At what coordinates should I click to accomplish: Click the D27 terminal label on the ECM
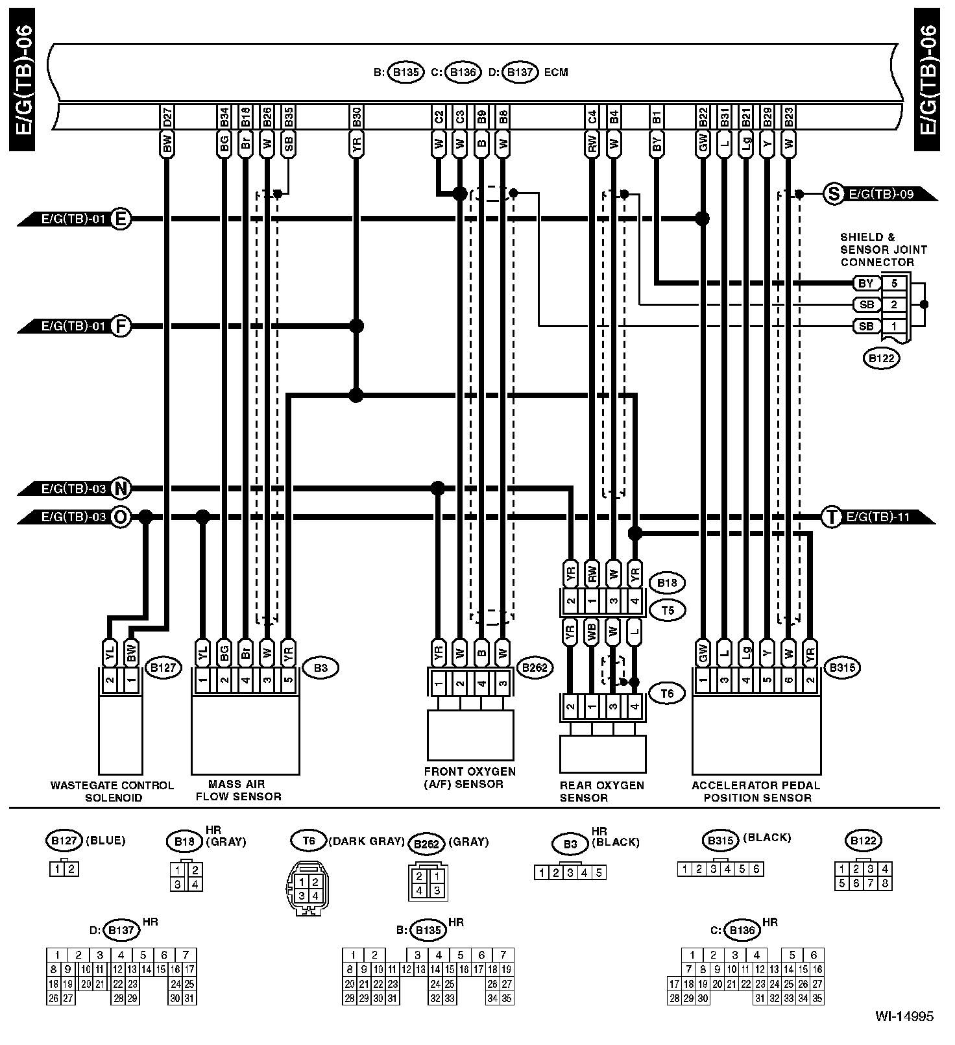167,117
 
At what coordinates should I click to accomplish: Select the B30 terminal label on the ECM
356,117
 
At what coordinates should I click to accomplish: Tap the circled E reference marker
120,219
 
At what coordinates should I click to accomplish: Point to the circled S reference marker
832,193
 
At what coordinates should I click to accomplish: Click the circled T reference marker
831,517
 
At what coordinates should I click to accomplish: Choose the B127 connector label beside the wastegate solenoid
163,668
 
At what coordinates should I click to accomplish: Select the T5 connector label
667,610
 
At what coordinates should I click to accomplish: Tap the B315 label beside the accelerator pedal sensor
841,668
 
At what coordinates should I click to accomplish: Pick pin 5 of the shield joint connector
894,283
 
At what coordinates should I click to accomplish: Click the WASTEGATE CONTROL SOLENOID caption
112,791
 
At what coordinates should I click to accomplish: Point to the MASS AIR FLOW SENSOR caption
238,791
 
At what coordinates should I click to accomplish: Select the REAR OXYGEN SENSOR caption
601,791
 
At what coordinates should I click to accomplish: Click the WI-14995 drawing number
904,1016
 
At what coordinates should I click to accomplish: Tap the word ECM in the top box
556,72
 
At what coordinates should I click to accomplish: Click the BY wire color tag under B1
657,144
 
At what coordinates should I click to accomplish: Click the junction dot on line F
356,326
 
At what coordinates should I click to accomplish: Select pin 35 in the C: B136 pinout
817,998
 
